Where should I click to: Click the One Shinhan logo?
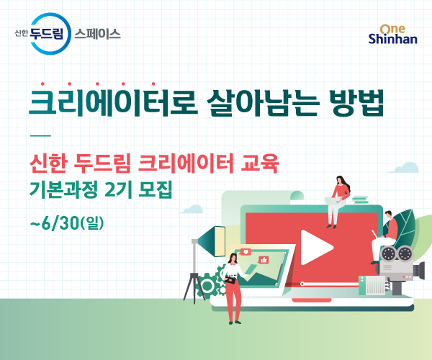pos(393,35)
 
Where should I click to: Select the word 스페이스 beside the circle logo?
pos(97,34)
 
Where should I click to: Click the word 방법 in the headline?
pos(356,102)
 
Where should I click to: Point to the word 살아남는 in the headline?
pos(263,102)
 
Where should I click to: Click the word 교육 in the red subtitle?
pos(260,163)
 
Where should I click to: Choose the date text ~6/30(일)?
pos(67,222)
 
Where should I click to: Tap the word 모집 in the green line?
pos(155,189)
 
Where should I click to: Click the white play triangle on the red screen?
pos(316,248)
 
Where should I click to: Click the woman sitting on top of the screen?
pos(338,202)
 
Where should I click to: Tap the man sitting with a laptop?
pos(384,237)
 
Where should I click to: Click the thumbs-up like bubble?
pos(264,260)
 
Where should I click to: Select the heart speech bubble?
pos(246,251)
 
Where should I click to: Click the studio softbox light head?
pos(212,242)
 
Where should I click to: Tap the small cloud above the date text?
pos(192,209)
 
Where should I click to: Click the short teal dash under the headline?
pos(40,135)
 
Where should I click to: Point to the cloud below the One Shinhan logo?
pos(403,168)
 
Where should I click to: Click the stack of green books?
pos(360,199)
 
